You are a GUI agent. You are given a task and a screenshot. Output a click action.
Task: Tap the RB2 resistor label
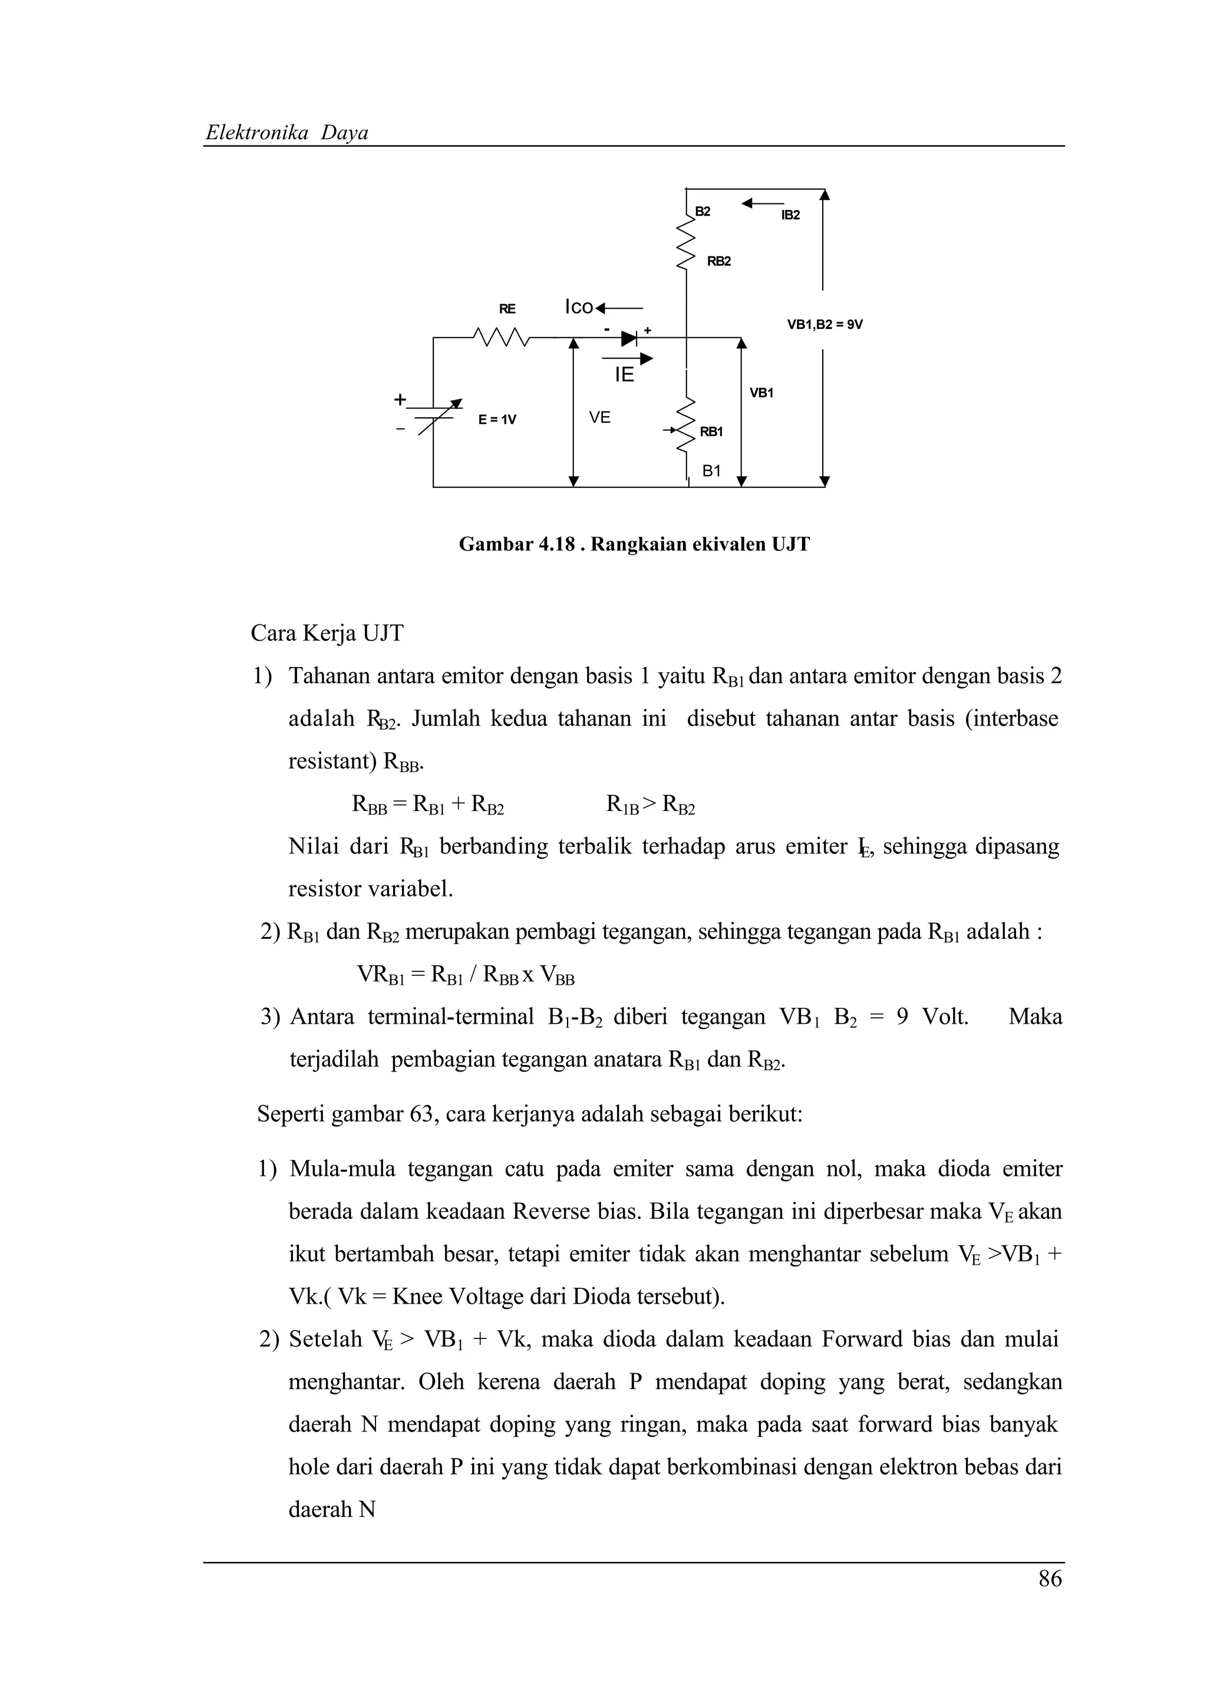[718, 261]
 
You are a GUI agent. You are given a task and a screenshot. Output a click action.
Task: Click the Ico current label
[579, 307]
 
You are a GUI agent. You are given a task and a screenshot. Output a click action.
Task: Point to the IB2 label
[790, 215]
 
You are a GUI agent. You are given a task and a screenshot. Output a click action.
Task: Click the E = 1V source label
[497, 420]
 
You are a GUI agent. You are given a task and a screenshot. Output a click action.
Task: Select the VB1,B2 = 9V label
[825, 324]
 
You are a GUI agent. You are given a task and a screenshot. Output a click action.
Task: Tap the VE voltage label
[599, 418]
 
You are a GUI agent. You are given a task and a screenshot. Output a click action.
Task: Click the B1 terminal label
[712, 471]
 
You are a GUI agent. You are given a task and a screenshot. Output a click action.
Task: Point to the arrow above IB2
[762, 202]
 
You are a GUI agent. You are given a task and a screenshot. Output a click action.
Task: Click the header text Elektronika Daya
[286, 133]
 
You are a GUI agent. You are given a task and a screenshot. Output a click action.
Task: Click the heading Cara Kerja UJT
[327, 633]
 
